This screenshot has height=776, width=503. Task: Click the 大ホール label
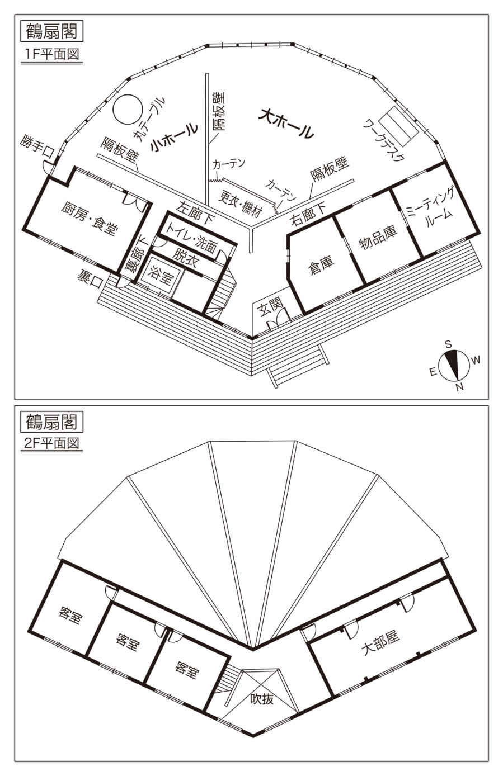286,125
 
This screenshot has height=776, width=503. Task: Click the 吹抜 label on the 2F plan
261,698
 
